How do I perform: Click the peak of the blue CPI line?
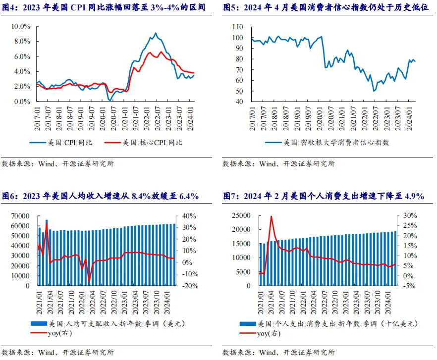(x=156, y=33)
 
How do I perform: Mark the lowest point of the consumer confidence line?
(x=374, y=91)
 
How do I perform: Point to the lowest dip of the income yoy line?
(x=90, y=281)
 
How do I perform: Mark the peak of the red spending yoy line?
(x=271, y=216)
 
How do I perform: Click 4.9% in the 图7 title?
(x=414, y=196)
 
